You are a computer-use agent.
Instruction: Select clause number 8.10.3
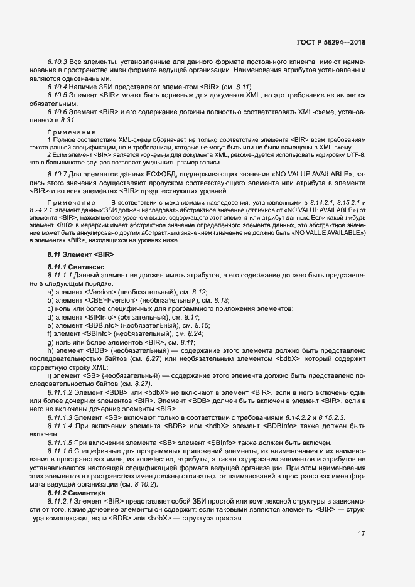tap(58, 63)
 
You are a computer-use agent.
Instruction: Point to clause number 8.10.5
tap(58, 94)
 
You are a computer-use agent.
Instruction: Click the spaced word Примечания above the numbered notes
tap(68, 132)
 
